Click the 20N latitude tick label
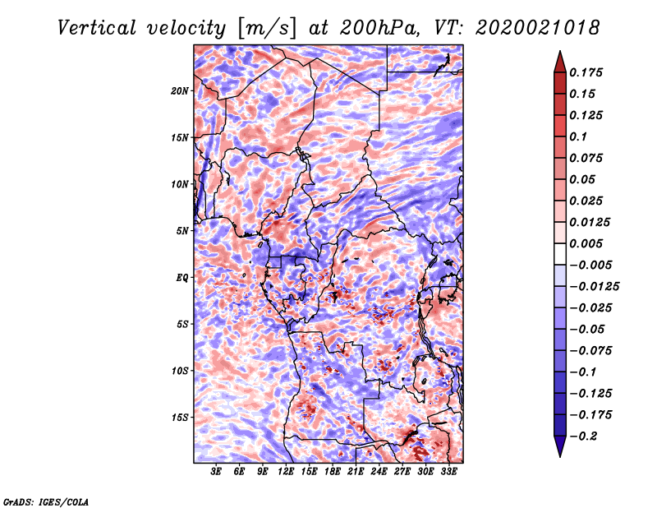coord(179,91)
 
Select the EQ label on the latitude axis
coord(181,278)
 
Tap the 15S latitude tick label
coord(179,418)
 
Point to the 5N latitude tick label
coord(182,231)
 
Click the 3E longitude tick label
coord(216,472)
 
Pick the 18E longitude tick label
coord(333,472)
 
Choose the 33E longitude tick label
coord(448,472)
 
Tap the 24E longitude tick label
coord(379,472)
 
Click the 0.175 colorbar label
coord(586,72)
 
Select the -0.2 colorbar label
coord(582,436)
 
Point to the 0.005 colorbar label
coord(586,243)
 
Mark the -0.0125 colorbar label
coord(594,287)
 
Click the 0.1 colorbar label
coord(578,136)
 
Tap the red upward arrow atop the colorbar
coord(560,62)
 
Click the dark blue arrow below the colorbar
coord(560,446)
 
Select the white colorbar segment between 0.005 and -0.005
coord(560,254)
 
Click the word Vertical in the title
coord(97,28)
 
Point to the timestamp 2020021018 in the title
coord(538,28)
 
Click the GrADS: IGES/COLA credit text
coord(46,501)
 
